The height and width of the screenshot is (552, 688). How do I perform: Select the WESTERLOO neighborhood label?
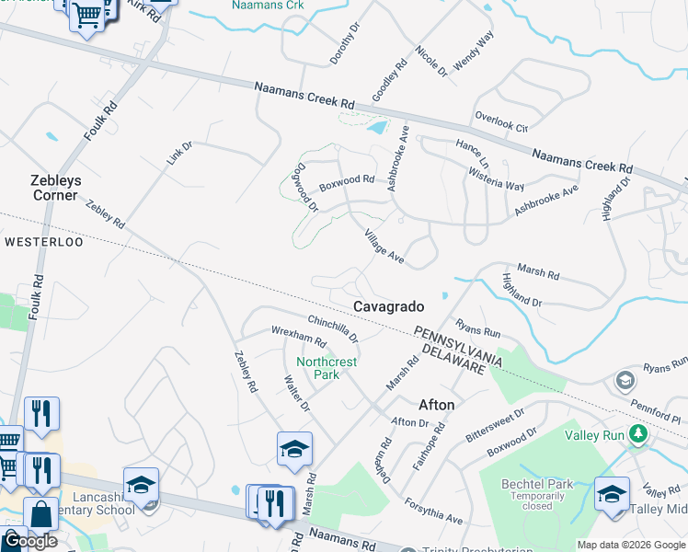click(x=43, y=242)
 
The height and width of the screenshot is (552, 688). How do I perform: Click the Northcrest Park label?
click(x=327, y=368)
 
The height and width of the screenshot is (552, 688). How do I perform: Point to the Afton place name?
click(x=437, y=404)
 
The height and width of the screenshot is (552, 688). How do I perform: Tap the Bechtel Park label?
click(x=537, y=484)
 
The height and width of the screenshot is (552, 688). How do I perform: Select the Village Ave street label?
click(x=384, y=246)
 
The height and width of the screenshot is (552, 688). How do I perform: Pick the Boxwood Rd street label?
click(x=347, y=183)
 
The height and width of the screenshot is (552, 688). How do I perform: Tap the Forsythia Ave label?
click(x=432, y=512)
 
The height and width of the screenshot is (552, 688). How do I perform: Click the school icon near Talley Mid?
click(x=613, y=493)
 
